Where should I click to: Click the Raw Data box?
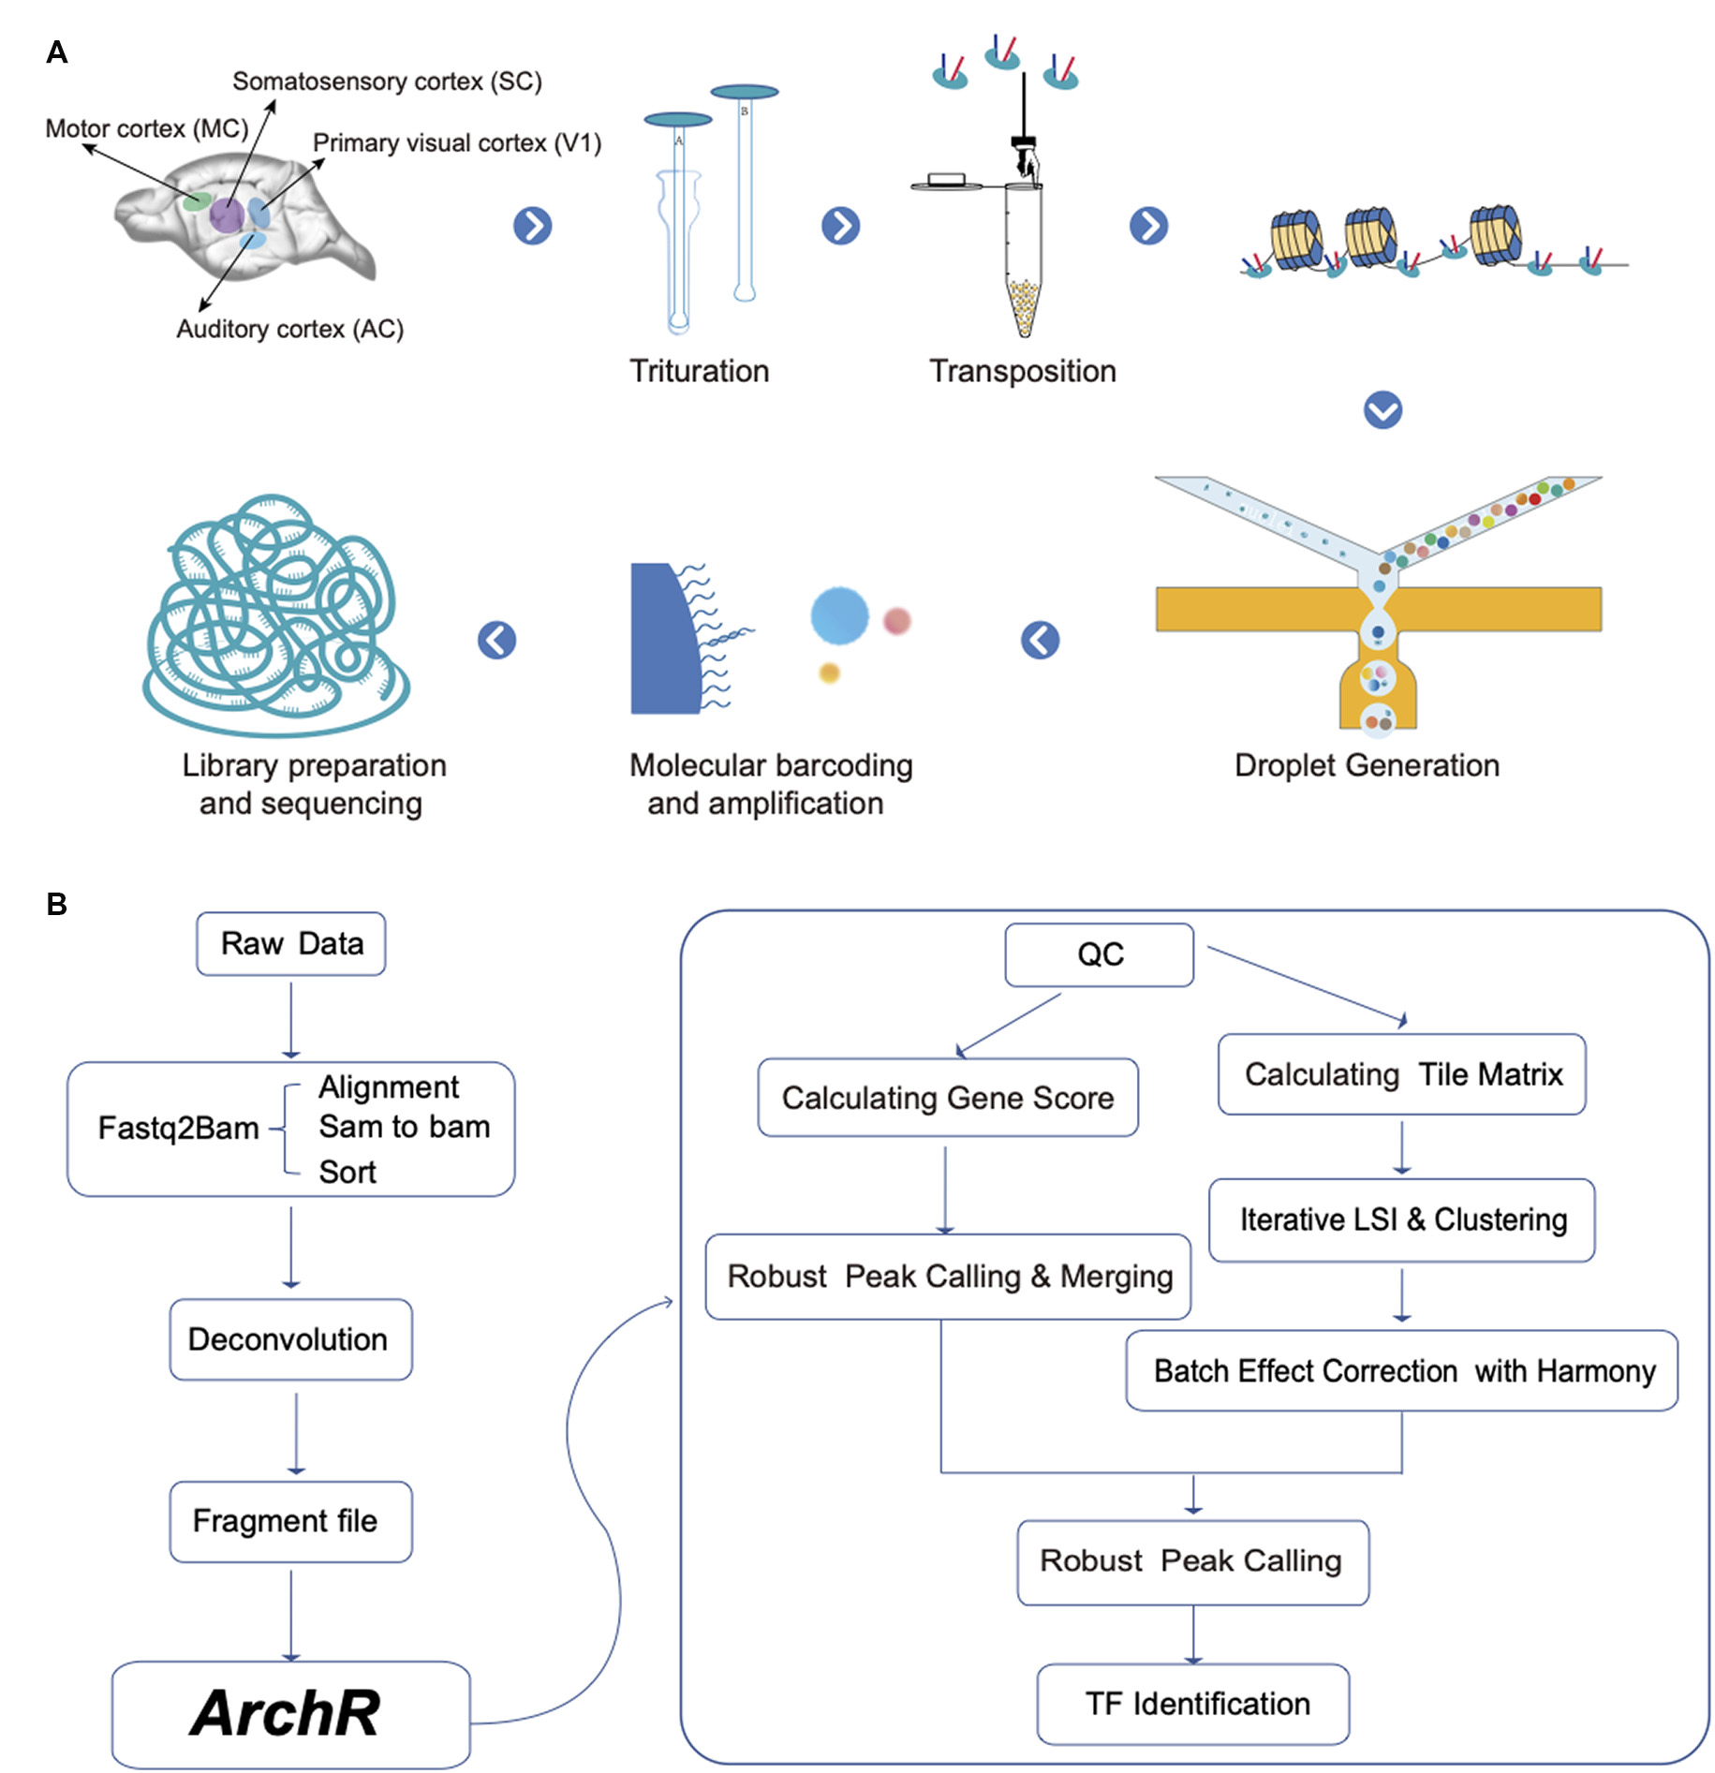(x=291, y=943)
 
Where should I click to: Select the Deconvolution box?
(x=290, y=1338)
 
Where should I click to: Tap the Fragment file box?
(x=290, y=1520)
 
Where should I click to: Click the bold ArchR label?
(x=286, y=1712)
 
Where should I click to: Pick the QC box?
(x=1099, y=954)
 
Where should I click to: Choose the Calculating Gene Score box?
(x=948, y=1097)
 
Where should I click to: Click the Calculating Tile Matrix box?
(x=1402, y=1073)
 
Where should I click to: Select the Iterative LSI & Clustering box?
(x=1402, y=1219)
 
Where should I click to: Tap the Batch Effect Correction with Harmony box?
(x=1402, y=1370)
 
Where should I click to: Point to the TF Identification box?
(x=1194, y=1703)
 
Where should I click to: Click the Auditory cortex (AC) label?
(x=289, y=329)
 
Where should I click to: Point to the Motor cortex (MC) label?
(x=146, y=128)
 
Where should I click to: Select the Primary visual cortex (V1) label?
(x=456, y=142)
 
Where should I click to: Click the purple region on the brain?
(x=226, y=214)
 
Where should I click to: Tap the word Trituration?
(x=699, y=371)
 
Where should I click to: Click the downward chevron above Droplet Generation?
(x=1382, y=409)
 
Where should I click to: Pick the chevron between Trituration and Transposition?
(x=840, y=226)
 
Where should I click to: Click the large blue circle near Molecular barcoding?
(x=838, y=615)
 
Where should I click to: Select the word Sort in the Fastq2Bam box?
(x=347, y=1172)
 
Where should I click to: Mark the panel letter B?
(x=57, y=904)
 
